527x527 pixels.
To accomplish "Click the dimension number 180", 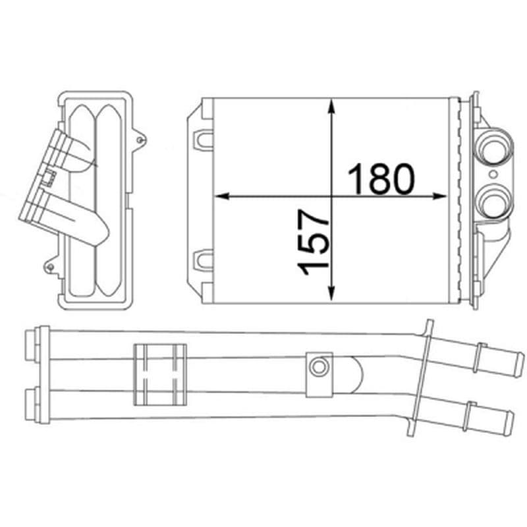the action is pos(381,179).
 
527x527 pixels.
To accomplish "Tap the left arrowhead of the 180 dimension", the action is pos(222,196).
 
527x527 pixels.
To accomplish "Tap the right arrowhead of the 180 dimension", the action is pos(439,196).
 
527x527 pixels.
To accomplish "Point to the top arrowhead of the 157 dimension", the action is pos(332,107).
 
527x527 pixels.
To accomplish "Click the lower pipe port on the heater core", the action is pos(493,203).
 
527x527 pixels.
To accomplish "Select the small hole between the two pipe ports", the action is pos(493,175).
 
